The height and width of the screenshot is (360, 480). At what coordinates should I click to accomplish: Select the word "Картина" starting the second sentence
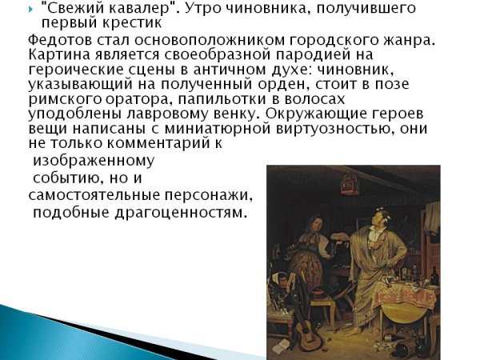tap(55, 56)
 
